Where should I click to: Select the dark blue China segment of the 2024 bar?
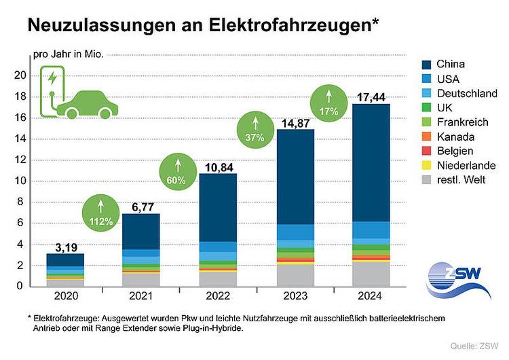(x=371, y=163)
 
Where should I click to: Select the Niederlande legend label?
(x=466, y=165)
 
